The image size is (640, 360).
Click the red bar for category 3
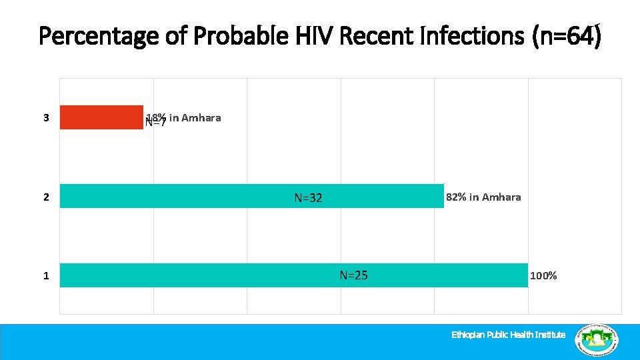tap(101, 117)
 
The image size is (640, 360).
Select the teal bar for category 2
tap(200, 196)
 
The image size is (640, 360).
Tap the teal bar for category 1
tap(200, 275)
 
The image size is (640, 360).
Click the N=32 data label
tap(308, 197)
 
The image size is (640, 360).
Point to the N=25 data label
tap(353, 275)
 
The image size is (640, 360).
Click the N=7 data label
tap(155, 123)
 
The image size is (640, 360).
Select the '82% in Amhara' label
tap(483, 197)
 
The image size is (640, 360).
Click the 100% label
tap(543, 275)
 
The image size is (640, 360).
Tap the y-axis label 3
tap(46, 118)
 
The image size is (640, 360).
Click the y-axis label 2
tap(46, 197)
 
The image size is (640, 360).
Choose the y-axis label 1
tap(46, 275)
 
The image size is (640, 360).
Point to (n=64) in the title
tap(566, 36)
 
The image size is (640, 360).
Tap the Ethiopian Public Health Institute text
tap(508, 335)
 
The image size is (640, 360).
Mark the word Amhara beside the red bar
tap(201, 118)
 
